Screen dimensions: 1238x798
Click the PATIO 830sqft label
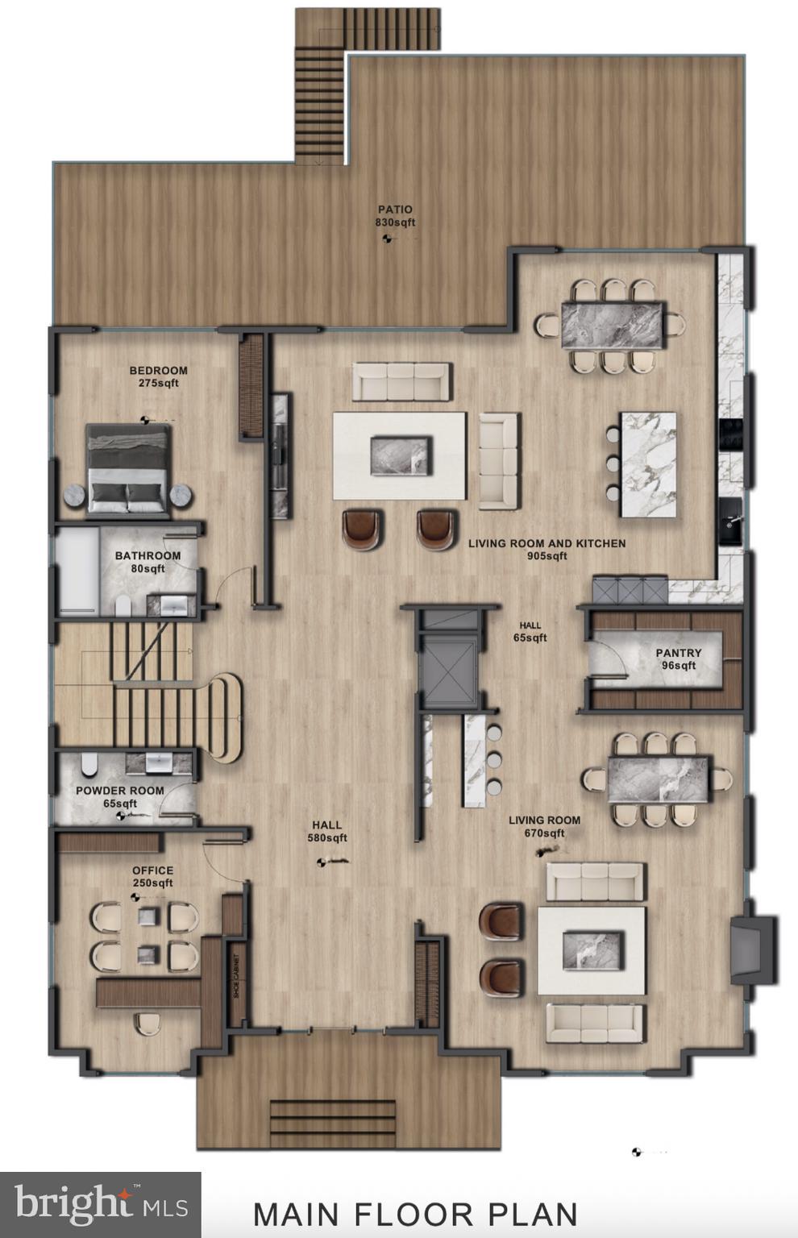click(x=395, y=216)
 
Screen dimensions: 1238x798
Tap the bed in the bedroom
click(x=129, y=470)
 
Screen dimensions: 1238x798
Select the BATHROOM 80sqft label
click(x=148, y=562)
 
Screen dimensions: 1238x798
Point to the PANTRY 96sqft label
click(x=679, y=659)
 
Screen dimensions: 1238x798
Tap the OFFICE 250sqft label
click(x=152, y=877)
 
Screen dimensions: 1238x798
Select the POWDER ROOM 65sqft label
click(x=119, y=797)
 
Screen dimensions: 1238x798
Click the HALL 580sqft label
click(x=326, y=831)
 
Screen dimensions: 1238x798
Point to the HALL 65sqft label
click(x=530, y=632)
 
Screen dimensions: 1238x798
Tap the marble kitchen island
click(x=647, y=464)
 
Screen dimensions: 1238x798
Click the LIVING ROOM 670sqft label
click(x=544, y=826)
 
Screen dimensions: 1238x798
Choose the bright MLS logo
click(x=101, y=1206)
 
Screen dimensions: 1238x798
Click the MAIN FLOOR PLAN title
click(x=415, y=1214)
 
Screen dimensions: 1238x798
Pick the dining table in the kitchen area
click(x=613, y=325)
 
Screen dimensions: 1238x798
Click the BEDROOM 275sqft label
click(x=158, y=376)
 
